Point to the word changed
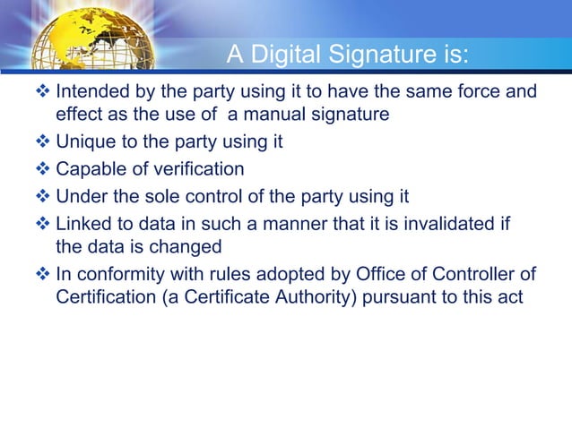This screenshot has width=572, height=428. click(x=189, y=244)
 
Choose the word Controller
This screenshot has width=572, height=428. click(x=450, y=273)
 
